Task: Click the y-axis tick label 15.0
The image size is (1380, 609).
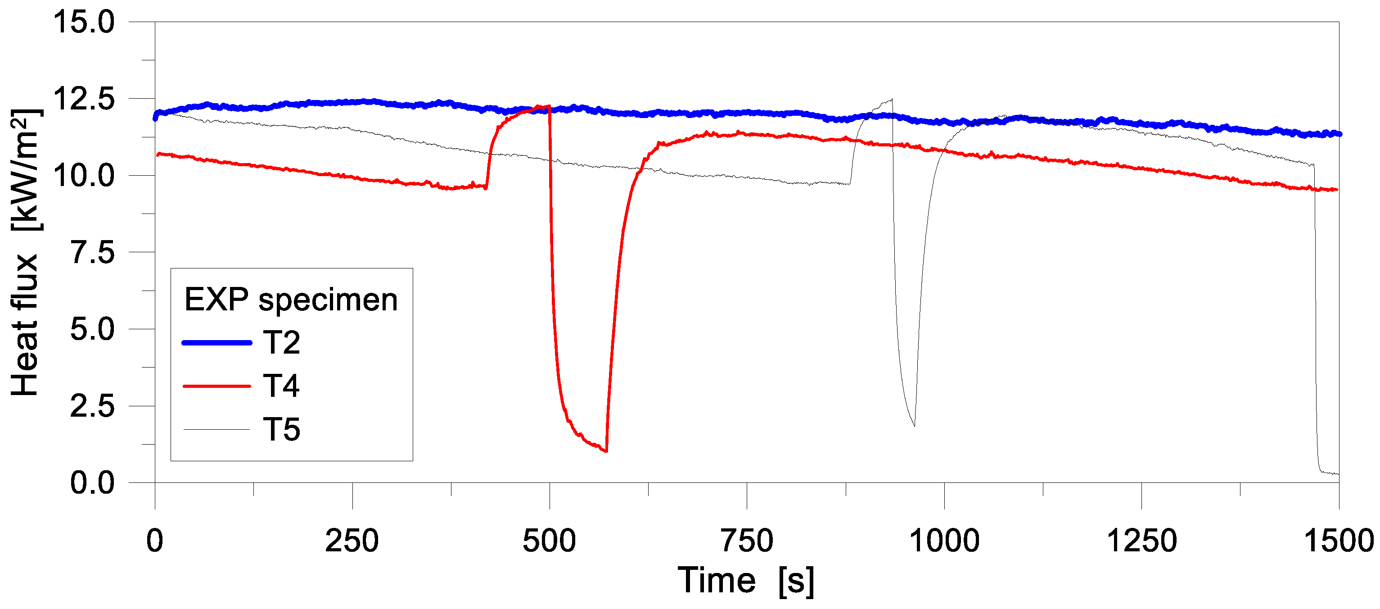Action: point(84,23)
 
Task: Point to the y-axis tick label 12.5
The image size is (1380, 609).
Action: point(84,99)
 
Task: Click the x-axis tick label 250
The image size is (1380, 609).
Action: point(352,541)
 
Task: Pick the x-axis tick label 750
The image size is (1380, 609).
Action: point(747,541)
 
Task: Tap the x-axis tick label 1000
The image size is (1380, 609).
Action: point(944,541)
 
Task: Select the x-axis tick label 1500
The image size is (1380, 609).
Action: point(1338,541)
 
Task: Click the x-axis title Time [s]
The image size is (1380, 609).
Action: point(746,581)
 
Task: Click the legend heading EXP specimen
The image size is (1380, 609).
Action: point(291,299)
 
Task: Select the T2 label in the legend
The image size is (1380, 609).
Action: point(281,342)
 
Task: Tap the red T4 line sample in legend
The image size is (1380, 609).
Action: point(216,386)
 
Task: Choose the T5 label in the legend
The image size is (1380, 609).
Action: point(281,429)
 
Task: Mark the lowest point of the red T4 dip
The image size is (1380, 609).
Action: point(606,451)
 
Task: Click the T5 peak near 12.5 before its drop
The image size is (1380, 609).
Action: point(892,99)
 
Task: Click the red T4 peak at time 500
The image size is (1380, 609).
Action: point(549,106)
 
